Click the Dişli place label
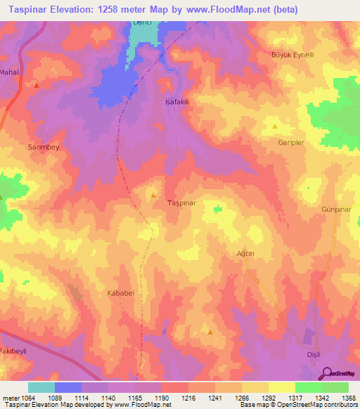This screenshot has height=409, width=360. (x=311, y=354)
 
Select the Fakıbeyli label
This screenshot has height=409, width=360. (x=13, y=349)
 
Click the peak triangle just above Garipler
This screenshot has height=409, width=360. (x=274, y=126)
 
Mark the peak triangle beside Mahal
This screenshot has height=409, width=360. (x=35, y=85)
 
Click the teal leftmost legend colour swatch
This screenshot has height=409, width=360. (x=41, y=387)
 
